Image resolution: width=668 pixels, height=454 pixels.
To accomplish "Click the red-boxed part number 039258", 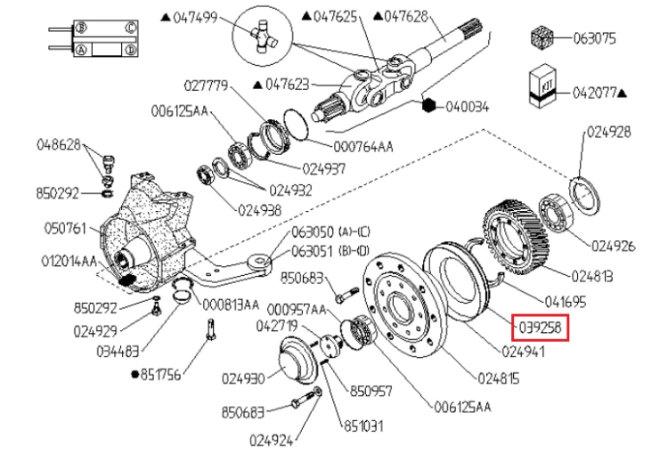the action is tap(540, 328).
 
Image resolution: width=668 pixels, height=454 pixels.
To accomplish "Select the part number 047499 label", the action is tap(196, 18).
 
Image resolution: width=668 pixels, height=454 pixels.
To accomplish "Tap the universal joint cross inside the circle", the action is tap(263, 36).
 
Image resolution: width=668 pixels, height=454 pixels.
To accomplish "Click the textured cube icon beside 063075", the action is tap(542, 37).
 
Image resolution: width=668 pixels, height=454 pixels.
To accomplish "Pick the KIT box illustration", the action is tap(542, 85).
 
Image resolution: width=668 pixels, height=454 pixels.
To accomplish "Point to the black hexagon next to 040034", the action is tap(429, 105).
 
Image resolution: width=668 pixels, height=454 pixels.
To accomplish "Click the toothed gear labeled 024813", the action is tap(517, 237).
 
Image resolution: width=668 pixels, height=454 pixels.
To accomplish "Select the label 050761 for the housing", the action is tap(65, 228).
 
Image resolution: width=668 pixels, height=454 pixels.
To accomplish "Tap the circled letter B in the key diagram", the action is tap(80, 28).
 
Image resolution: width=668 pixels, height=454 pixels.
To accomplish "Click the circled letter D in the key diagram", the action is tap(131, 50).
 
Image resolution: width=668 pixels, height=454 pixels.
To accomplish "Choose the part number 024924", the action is tap(271, 441).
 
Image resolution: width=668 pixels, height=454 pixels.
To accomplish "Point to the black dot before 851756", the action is tap(135, 375).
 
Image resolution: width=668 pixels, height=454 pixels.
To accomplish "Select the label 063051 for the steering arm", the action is tap(312, 251).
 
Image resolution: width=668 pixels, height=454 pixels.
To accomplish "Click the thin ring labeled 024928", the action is tap(585, 195).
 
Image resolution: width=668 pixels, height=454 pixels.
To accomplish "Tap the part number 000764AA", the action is tap(363, 147).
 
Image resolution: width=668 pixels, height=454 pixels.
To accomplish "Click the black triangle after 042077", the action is tap(622, 92).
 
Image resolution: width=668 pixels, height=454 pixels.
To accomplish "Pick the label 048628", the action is tap(59, 144).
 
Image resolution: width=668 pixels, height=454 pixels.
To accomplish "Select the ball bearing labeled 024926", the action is tap(556, 213).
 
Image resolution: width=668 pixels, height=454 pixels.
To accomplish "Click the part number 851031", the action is tap(363, 426).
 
